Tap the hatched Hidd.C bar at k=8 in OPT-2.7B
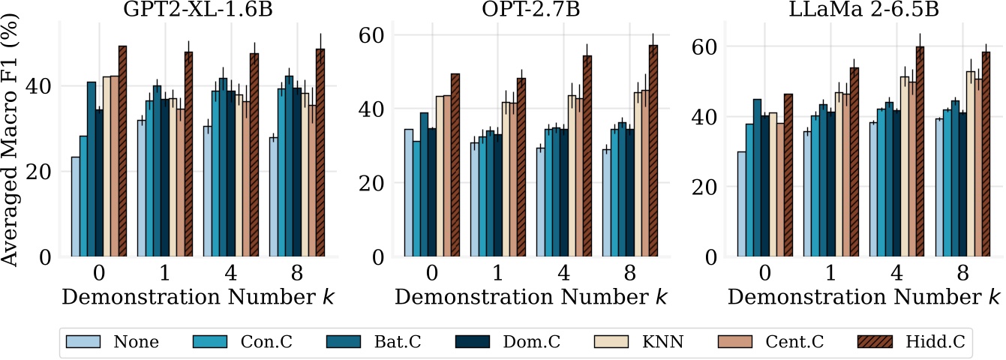point(653,151)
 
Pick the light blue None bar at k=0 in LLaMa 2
point(741,204)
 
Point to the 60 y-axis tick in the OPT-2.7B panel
point(375,35)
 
